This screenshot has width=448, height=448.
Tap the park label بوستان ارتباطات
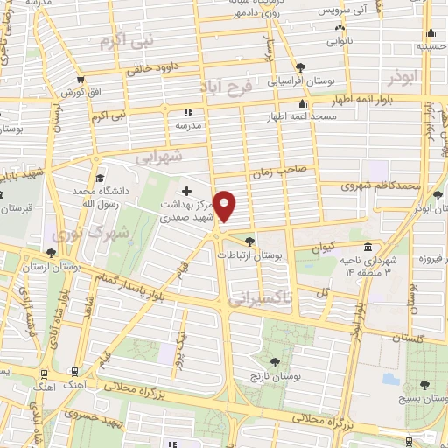pos(252,255)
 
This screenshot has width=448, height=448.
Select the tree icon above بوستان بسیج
pos(424,384)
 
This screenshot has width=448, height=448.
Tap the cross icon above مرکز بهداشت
pos(186,190)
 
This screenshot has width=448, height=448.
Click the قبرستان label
pos(17,210)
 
